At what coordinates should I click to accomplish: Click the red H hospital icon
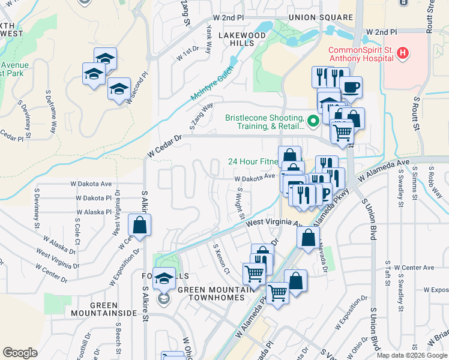point(403,53)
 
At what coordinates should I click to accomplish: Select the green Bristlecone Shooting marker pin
point(312,122)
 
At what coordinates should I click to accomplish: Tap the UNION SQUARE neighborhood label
point(315,17)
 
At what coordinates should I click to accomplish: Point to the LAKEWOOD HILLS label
point(241,40)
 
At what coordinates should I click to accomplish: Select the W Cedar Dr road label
point(164,146)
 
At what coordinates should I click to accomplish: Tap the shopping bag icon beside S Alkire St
point(139,226)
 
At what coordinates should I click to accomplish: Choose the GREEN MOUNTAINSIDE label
point(103,309)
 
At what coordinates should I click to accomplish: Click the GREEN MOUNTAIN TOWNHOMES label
point(218,295)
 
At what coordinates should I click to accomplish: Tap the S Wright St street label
point(241,202)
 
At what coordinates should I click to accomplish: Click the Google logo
point(20,352)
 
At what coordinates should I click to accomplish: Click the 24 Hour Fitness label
point(252,161)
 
